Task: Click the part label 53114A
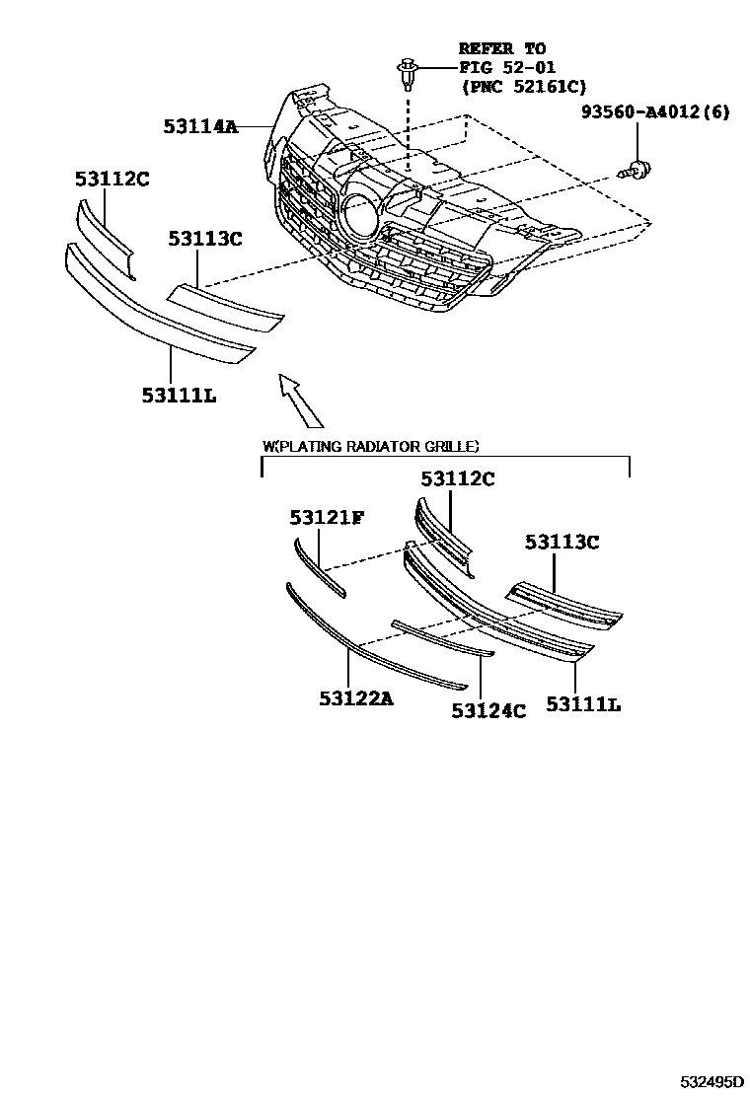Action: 201,126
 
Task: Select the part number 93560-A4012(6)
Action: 656,112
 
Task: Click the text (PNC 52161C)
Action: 523,87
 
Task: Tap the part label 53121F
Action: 327,518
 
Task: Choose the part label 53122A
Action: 356,698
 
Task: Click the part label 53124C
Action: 488,709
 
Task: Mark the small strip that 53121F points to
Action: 319,567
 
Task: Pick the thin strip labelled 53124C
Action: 441,637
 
